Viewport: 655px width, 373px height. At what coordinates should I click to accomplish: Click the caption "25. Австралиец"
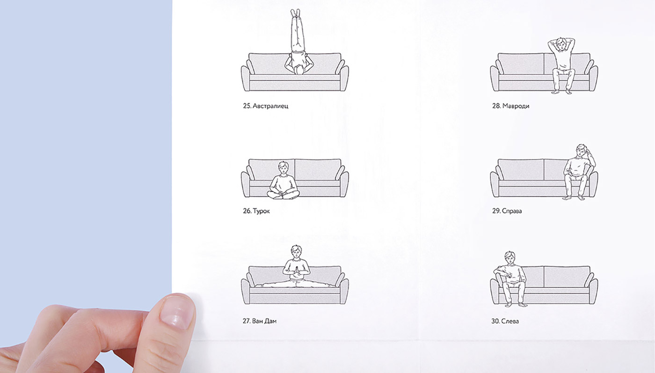[x=266, y=106]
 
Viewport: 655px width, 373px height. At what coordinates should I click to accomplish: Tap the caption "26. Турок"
[x=256, y=211]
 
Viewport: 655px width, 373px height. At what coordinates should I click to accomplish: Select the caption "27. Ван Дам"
[x=259, y=321]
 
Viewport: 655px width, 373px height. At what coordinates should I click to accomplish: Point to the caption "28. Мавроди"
[x=510, y=106]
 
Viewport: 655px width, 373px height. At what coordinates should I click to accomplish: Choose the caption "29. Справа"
[x=507, y=211]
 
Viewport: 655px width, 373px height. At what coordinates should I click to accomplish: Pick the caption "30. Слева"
[x=505, y=321]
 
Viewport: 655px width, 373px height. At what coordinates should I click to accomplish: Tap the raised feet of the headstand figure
[x=295, y=13]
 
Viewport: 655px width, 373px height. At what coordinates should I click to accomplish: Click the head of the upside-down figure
[x=299, y=70]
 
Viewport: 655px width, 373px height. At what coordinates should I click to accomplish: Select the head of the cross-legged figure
[x=283, y=167]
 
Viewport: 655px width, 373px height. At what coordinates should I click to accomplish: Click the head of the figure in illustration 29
[x=581, y=151]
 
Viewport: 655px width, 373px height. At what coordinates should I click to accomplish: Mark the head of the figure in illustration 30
[x=509, y=258]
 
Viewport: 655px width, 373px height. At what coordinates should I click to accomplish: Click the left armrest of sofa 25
[x=246, y=78]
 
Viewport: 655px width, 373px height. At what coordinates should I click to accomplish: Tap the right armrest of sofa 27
[x=344, y=291]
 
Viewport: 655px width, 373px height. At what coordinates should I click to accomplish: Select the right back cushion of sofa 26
[x=318, y=169]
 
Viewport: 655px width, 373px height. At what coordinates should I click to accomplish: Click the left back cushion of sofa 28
[x=520, y=64]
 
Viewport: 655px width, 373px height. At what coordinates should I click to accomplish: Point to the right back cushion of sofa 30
[x=567, y=277]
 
